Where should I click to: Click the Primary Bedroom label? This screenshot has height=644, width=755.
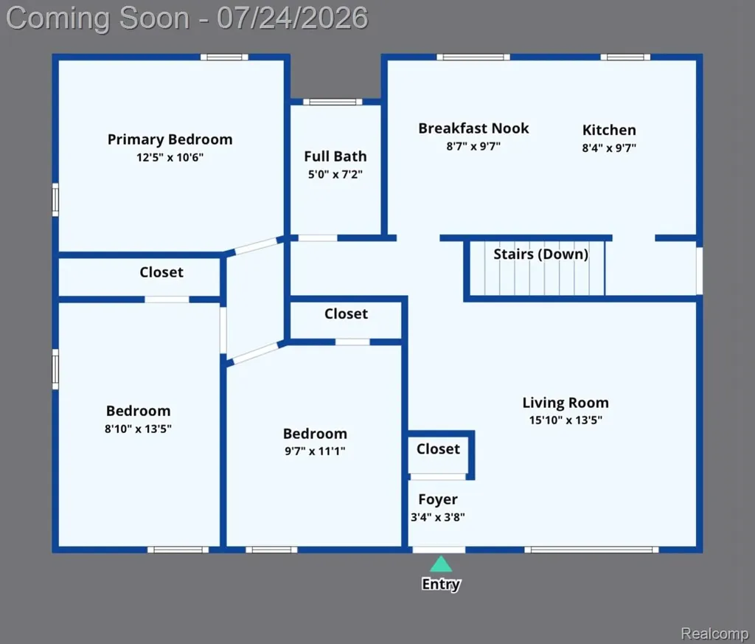pyautogui.click(x=170, y=139)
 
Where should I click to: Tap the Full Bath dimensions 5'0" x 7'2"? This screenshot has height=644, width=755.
pyautogui.click(x=335, y=174)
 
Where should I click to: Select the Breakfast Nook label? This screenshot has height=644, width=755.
pyautogui.click(x=473, y=128)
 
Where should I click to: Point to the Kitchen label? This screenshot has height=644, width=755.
pyautogui.click(x=609, y=130)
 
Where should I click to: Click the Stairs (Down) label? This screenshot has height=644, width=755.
pyautogui.click(x=540, y=255)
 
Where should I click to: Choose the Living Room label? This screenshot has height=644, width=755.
pyautogui.click(x=566, y=403)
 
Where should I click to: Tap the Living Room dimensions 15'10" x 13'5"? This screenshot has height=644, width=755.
pyautogui.click(x=566, y=420)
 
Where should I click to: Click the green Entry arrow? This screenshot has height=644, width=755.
pyautogui.click(x=441, y=564)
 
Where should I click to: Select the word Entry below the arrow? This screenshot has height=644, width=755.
pyautogui.click(x=441, y=584)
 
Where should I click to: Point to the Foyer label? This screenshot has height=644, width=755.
pyautogui.click(x=438, y=499)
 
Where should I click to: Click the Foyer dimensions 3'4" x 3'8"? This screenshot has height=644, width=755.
pyautogui.click(x=438, y=517)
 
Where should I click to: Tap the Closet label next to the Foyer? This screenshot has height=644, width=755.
pyautogui.click(x=438, y=449)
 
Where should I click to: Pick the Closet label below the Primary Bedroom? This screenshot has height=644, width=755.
pyautogui.click(x=161, y=272)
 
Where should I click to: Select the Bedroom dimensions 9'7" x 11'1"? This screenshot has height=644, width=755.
pyautogui.click(x=315, y=451)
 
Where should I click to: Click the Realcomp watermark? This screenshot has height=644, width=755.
pyautogui.click(x=714, y=633)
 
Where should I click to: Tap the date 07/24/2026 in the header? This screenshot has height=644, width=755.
pyautogui.click(x=292, y=18)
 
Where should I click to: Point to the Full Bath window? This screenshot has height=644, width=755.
pyautogui.click(x=333, y=102)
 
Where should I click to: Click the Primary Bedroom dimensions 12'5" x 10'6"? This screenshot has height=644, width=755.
pyautogui.click(x=170, y=158)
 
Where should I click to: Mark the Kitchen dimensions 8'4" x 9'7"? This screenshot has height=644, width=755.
pyautogui.click(x=609, y=148)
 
